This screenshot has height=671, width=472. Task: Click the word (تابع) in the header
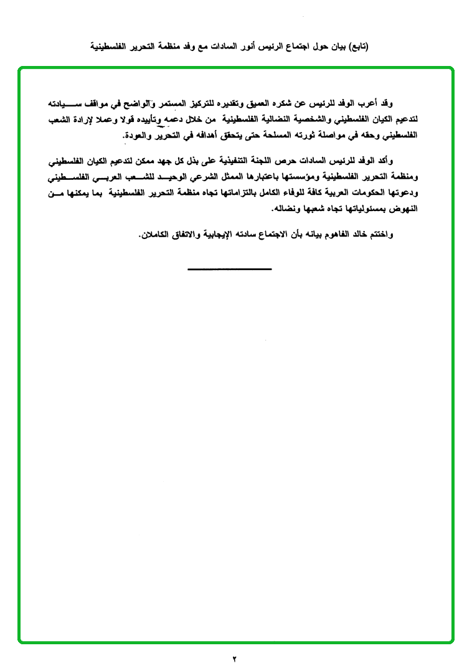click(x=357, y=47)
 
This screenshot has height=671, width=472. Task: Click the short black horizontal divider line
click(x=230, y=269)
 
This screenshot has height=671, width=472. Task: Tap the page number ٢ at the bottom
click(x=235, y=658)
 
